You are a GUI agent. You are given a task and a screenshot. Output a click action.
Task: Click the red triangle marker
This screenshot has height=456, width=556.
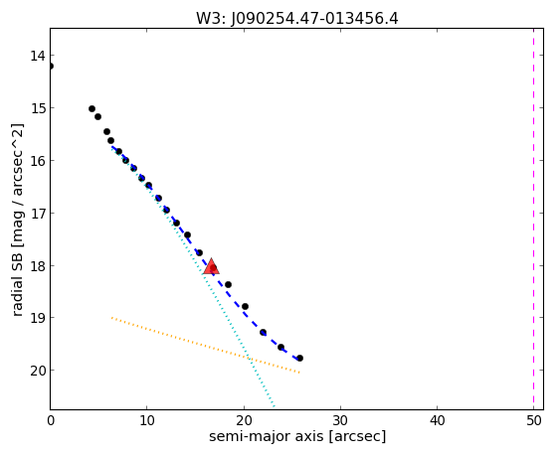tap(211, 266)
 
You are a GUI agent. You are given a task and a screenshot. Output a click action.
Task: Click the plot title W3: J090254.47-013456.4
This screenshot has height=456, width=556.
tap(297, 19)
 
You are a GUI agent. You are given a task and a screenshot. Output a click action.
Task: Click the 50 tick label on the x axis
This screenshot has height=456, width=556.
tap(534, 420)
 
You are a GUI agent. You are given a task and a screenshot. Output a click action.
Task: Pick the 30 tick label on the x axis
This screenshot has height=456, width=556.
tap(340, 420)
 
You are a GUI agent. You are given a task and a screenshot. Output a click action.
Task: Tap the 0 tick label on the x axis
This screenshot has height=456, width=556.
tap(51, 420)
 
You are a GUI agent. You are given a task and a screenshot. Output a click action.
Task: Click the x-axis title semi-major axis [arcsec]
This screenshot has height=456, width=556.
tap(297, 436)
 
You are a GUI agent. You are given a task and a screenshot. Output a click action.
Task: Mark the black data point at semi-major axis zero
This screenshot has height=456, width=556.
tap(51, 67)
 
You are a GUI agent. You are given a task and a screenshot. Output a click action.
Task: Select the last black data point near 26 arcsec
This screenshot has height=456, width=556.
tap(299, 359)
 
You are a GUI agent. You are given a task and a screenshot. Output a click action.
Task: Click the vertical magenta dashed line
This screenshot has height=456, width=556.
tap(533, 219)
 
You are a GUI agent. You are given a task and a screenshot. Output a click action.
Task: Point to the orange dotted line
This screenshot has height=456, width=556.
tap(206, 345)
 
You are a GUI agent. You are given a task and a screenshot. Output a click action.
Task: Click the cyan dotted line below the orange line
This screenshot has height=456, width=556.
tap(262, 382)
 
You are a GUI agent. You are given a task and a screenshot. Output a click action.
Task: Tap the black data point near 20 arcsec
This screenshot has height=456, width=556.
tap(245, 306)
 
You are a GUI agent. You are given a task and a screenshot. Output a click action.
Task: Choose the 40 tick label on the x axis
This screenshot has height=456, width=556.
tap(437, 420)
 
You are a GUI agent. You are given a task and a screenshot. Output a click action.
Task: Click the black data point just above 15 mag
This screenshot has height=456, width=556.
tap(92, 108)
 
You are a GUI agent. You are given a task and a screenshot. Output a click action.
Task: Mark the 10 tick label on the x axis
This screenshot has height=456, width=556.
tap(147, 420)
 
